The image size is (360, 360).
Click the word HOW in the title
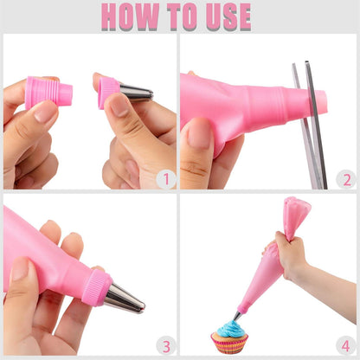131,16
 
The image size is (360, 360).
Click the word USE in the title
228,16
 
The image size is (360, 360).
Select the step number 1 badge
166,179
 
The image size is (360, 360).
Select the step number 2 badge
346,179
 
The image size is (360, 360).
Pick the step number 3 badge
166,346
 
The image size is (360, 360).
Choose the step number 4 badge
346,346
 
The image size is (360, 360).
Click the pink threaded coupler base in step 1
48,93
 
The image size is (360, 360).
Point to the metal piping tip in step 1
137,93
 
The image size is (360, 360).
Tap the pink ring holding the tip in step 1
108,93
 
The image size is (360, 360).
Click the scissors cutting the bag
310,125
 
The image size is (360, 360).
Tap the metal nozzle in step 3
125,299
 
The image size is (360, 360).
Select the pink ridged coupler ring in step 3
97,286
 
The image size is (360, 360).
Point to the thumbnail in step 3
21,269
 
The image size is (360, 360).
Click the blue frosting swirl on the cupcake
230,329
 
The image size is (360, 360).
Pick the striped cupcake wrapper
229,344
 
